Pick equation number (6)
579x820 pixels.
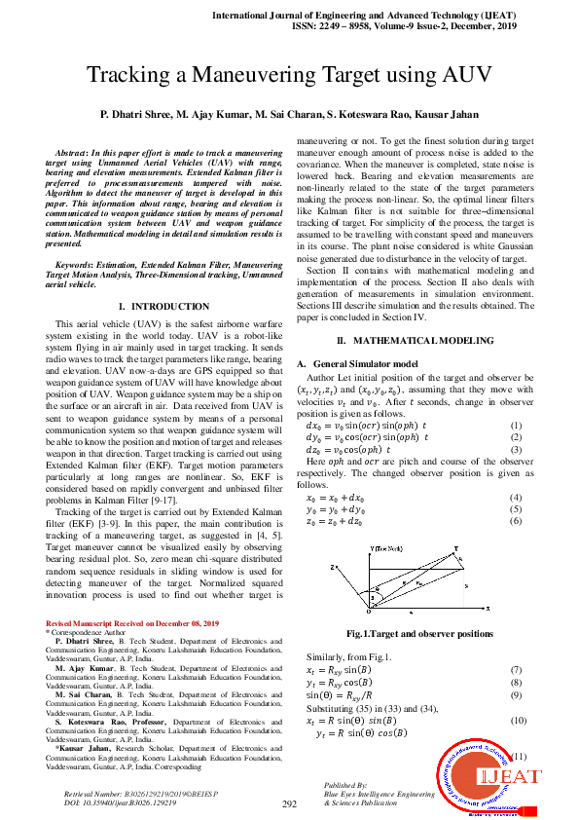(516, 521)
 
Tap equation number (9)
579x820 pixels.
(516, 694)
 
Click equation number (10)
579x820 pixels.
(516, 720)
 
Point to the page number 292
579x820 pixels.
(289, 804)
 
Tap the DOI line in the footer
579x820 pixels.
(120, 803)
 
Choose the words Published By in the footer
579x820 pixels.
(345, 784)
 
